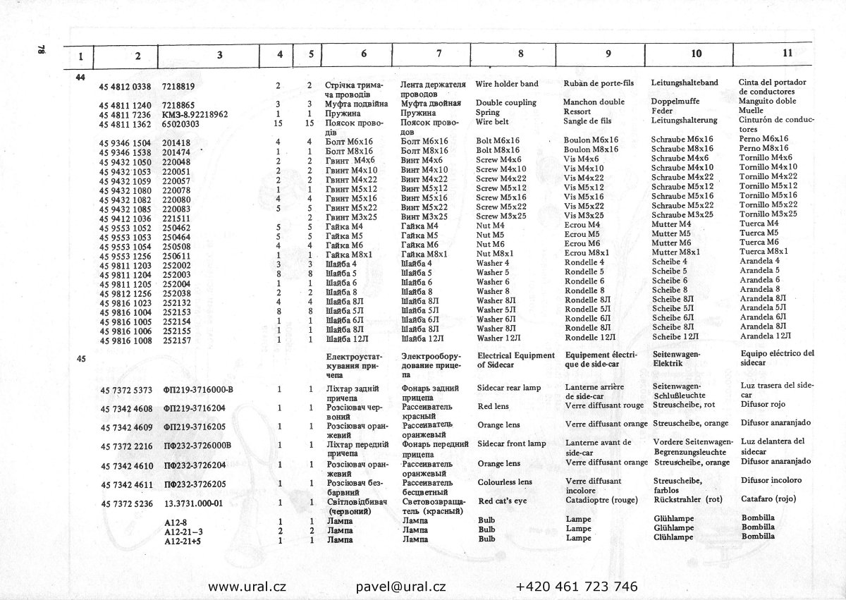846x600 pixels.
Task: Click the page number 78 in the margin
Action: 41,51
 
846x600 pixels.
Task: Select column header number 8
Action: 520,54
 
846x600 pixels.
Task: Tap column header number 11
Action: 787,52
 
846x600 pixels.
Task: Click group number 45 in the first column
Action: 81,359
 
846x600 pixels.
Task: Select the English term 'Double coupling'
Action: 505,102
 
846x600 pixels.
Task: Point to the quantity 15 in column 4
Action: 278,123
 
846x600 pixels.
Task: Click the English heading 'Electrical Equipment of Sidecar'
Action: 515,360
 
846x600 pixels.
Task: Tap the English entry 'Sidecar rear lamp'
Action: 509,388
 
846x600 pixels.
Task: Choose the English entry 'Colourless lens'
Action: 505,482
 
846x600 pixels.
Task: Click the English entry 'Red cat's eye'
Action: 504,501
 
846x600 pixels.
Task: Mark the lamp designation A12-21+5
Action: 183,540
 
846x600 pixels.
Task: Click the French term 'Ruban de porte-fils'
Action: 599,83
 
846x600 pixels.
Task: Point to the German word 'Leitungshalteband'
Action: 685,82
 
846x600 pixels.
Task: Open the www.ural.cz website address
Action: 247,586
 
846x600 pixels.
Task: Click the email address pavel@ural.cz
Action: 401,586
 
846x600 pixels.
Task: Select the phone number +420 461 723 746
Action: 577,586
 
